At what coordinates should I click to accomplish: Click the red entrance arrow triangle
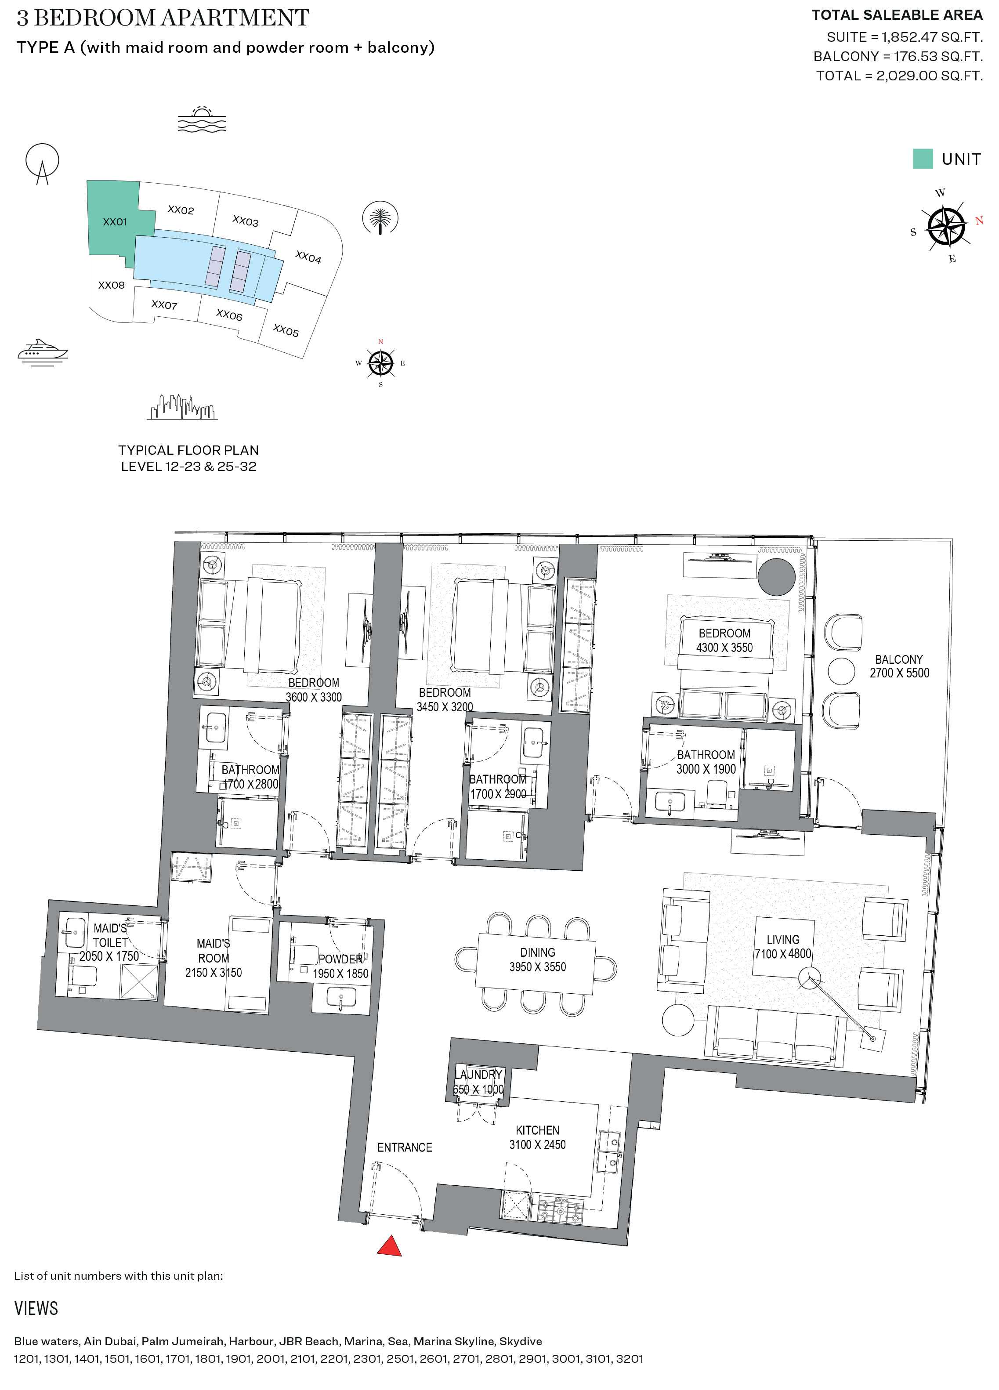[389, 1247]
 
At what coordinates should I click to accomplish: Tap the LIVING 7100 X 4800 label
[783, 946]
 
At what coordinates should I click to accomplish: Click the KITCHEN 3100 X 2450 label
[537, 1137]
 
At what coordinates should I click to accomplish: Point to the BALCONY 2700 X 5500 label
[898, 666]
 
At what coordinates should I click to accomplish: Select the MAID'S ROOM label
[213, 958]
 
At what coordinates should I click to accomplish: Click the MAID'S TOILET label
[110, 942]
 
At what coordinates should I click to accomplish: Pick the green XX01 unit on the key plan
[114, 221]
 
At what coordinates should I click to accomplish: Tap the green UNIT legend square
[923, 159]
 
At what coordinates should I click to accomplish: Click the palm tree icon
[380, 217]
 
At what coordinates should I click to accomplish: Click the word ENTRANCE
[405, 1147]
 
